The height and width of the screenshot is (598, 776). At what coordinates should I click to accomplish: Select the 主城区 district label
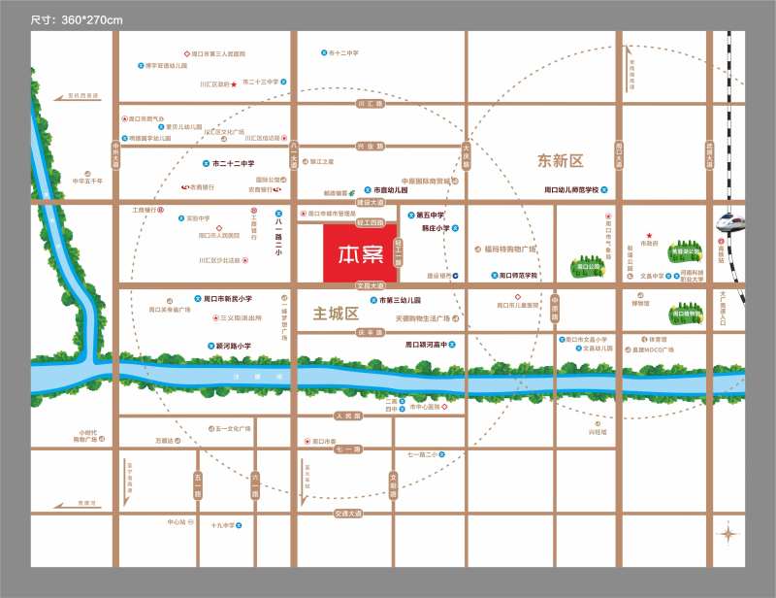pyautogui.click(x=337, y=315)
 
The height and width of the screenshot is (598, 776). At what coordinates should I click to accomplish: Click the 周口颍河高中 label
pyautogui.click(x=430, y=345)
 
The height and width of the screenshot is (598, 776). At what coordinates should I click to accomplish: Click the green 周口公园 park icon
pyautogui.click(x=586, y=265)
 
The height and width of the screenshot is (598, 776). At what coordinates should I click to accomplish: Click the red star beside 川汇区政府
pyautogui.click(x=234, y=84)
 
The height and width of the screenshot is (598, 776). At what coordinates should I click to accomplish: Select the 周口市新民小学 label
pyautogui.click(x=229, y=299)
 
